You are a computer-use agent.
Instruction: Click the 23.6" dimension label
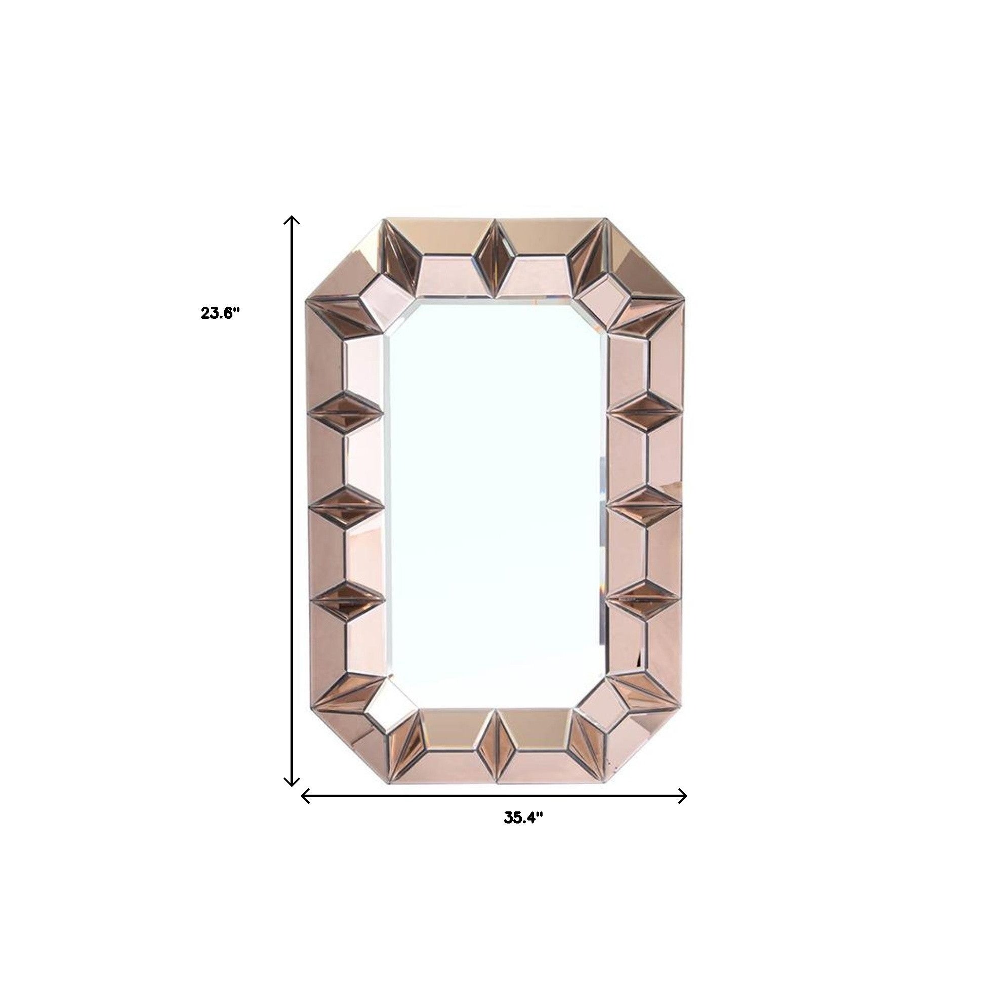point(220,313)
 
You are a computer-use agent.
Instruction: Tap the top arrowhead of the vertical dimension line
point(292,219)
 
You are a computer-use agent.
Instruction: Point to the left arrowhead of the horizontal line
point(305,810)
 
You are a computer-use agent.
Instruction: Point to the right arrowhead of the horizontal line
point(683,810)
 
